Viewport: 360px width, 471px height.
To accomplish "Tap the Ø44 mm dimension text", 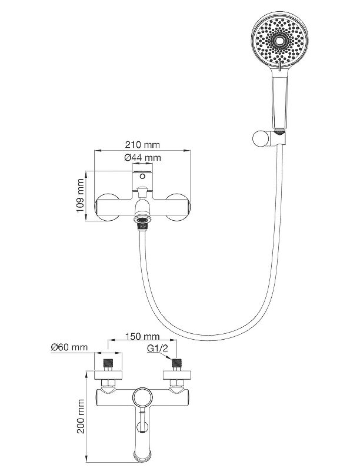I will tap(143, 157).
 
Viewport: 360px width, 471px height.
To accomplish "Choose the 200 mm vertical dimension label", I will tap(81, 415).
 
